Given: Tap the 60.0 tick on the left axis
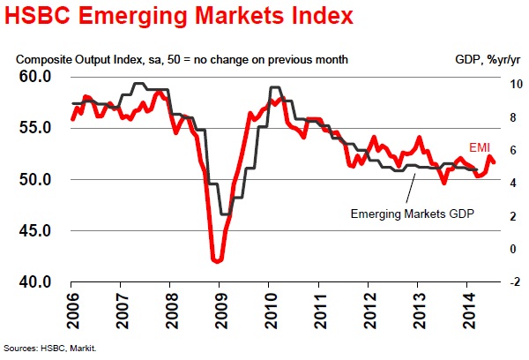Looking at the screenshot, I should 34,77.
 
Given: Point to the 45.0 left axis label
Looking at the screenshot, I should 34,231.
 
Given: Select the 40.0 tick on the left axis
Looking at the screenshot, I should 34,282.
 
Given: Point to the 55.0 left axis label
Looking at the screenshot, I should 34,128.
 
